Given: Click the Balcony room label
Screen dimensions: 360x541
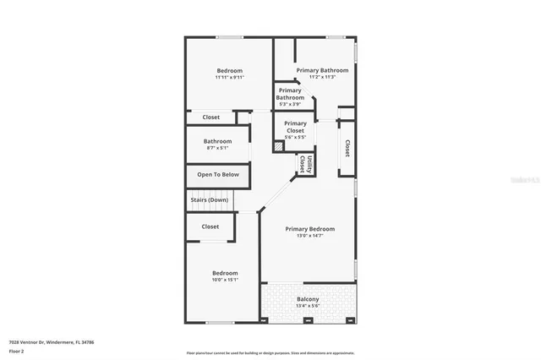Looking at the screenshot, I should pyautogui.click(x=308, y=299).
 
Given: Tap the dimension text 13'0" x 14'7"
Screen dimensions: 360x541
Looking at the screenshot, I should pyautogui.click(x=309, y=236).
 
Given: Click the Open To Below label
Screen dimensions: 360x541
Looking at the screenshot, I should pyautogui.click(x=218, y=175).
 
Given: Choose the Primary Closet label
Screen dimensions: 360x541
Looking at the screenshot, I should pyautogui.click(x=295, y=127).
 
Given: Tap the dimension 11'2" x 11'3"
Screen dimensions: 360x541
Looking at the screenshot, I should pyautogui.click(x=322, y=77).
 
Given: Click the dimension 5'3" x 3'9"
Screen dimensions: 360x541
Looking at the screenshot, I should pyautogui.click(x=290, y=104).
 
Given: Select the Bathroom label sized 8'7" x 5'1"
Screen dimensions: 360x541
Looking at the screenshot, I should pyautogui.click(x=217, y=141).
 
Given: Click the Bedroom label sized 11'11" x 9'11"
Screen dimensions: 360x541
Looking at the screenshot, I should pyautogui.click(x=229, y=71).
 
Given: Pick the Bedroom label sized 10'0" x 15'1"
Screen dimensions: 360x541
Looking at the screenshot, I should pyautogui.click(x=225, y=273).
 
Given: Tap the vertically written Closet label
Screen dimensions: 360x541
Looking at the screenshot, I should pyautogui.click(x=347, y=148).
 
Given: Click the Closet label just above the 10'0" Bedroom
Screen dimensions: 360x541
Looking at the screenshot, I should pyautogui.click(x=210, y=226).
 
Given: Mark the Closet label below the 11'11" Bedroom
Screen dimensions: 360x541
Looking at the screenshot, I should pyautogui.click(x=211, y=117).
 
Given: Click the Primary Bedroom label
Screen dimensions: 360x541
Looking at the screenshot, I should pyautogui.click(x=309, y=229).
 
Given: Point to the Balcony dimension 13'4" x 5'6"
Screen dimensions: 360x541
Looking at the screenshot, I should pyautogui.click(x=308, y=307).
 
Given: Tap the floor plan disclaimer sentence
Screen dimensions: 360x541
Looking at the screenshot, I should pyautogui.click(x=270, y=352).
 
